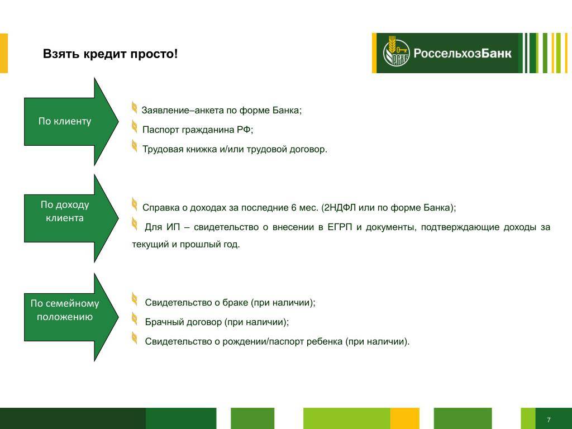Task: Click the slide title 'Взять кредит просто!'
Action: pyautogui.click(x=110, y=54)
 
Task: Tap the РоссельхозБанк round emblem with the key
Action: pyautogui.click(x=396, y=53)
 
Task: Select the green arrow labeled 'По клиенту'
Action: pyautogui.click(x=71, y=121)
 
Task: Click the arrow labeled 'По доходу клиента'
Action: pyautogui.click(x=71, y=218)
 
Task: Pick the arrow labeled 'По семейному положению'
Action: pyautogui.click(x=71, y=317)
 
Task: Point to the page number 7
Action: pyautogui.click(x=549, y=420)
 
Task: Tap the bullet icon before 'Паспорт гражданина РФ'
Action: pyautogui.click(x=134, y=127)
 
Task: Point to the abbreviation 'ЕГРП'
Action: pyautogui.click(x=340, y=227)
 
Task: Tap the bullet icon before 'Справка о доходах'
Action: pyautogui.click(x=134, y=204)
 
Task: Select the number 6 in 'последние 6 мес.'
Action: pyautogui.click(x=294, y=208)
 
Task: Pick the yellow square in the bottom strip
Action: pyautogui.click(x=404, y=418)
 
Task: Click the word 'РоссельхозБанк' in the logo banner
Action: pyautogui.click(x=462, y=53)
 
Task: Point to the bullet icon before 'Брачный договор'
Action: pyautogui.click(x=134, y=319)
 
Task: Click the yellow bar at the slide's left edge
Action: pyautogui.click(x=4, y=53)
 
